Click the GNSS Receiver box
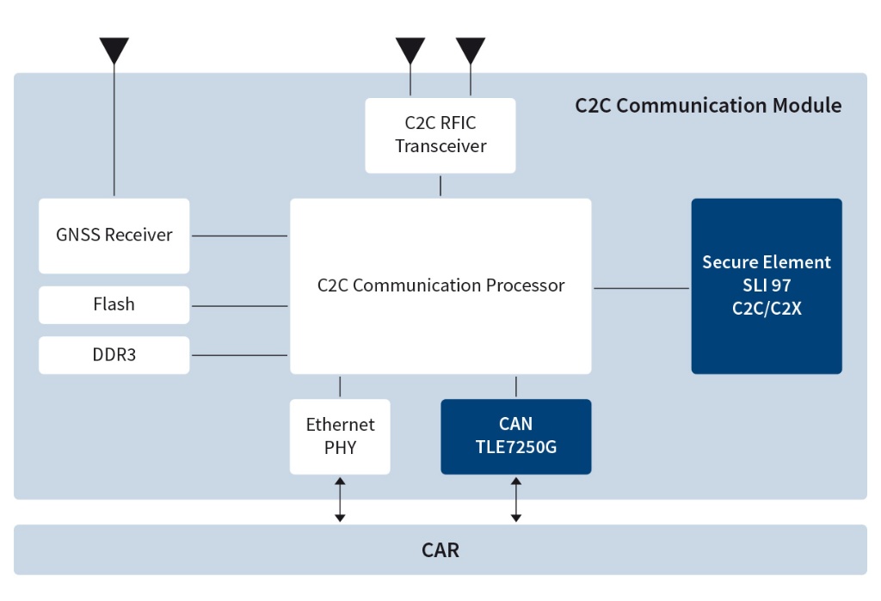click(114, 236)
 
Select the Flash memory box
click(114, 305)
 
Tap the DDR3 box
click(114, 355)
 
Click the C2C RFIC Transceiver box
click(440, 135)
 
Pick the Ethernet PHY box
click(340, 436)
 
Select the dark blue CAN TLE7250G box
click(515, 436)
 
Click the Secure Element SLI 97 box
click(766, 285)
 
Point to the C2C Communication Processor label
click(440, 285)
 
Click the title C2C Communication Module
click(707, 106)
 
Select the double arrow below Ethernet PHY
click(340, 500)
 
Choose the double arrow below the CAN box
click(515, 500)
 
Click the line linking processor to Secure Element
click(641, 289)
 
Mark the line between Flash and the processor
click(238, 306)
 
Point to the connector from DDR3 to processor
click(238, 355)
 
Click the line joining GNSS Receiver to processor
click(238, 236)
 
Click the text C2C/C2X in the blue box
click(766, 309)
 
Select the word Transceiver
click(440, 146)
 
